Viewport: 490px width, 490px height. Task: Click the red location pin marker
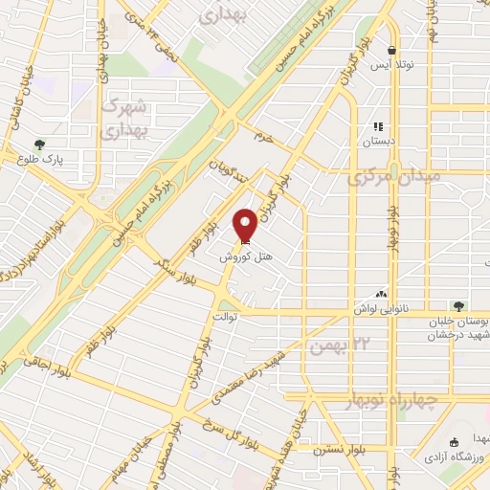(x=245, y=225)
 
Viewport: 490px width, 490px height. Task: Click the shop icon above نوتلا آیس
(x=391, y=51)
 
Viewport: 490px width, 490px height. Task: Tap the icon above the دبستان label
(x=379, y=125)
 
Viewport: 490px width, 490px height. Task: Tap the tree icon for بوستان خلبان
(x=458, y=306)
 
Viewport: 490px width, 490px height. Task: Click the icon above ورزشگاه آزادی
(x=454, y=441)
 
